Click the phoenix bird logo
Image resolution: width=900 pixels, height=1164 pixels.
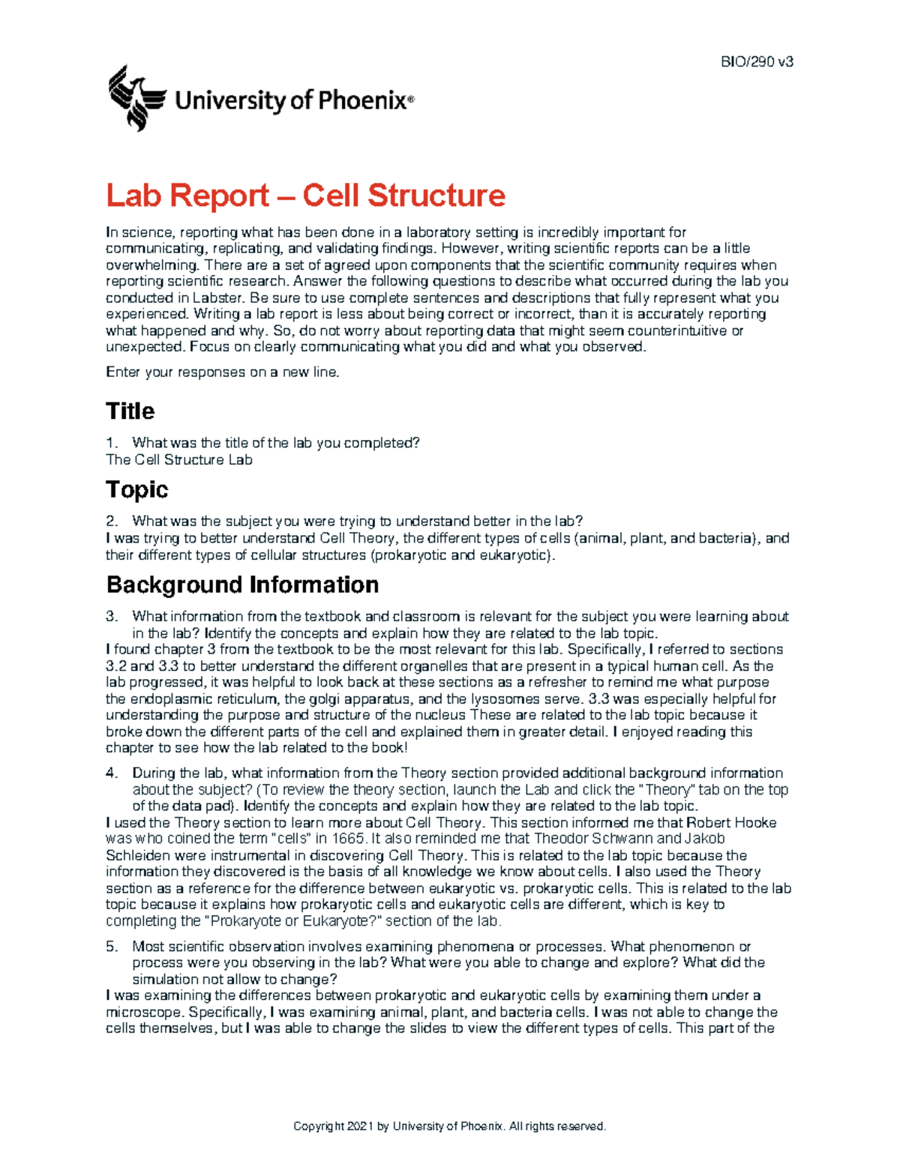click(136, 97)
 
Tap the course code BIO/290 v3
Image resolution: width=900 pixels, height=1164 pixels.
click(756, 62)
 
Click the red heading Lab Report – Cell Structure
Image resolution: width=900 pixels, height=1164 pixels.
click(305, 196)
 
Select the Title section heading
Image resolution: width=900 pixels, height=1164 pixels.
click(130, 411)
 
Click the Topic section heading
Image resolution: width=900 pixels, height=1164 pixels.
click(137, 489)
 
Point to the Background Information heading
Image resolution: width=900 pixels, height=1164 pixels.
click(242, 585)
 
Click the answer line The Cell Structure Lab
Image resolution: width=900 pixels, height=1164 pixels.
click(179, 460)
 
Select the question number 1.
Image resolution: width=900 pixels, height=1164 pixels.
click(112, 443)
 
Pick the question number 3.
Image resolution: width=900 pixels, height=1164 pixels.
click(112, 617)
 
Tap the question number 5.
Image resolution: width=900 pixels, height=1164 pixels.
click(112, 947)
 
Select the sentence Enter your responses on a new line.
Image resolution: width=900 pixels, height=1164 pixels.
click(223, 373)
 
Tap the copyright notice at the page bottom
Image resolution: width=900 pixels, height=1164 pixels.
click(449, 1126)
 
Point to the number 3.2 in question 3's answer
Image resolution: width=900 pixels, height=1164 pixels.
click(117, 666)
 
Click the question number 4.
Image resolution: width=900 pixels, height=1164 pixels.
click(112, 773)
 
